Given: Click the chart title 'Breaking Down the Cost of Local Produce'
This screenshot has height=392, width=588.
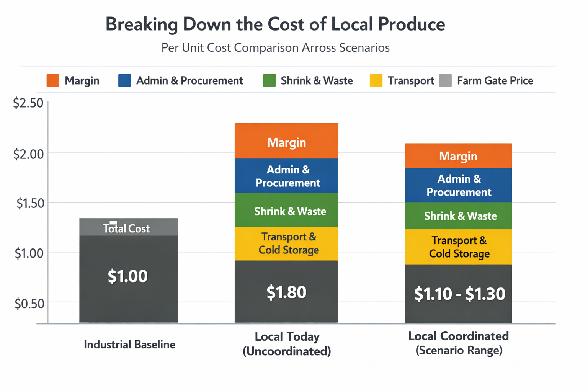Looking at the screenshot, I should (x=275, y=24).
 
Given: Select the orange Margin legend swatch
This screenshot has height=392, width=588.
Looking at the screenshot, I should (x=53, y=81).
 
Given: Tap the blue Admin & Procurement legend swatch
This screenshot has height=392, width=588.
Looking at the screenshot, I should (x=125, y=81).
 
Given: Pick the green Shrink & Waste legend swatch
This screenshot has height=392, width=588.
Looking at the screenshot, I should (x=269, y=81).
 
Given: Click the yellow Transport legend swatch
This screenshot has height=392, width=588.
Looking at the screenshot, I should (x=376, y=81).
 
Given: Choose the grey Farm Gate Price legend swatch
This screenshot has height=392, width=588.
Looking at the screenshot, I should (x=445, y=81).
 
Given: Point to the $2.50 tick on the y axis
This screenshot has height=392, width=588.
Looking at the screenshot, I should (x=28, y=103).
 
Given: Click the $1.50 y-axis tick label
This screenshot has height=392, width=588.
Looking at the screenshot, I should (x=30, y=203).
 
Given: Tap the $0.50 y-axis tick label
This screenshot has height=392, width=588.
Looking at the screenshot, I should (x=29, y=304).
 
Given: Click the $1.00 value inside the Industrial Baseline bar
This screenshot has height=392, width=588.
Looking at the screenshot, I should (x=127, y=276).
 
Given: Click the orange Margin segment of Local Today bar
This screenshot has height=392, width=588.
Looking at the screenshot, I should (x=286, y=142).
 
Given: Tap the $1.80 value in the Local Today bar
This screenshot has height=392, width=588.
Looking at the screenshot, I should (x=286, y=292).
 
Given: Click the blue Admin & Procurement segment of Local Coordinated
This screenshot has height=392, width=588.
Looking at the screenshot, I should (x=459, y=185).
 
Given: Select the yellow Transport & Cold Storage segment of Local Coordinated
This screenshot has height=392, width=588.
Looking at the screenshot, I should (x=459, y=247).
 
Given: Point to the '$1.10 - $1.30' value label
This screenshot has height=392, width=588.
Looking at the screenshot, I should (x=459, y=294).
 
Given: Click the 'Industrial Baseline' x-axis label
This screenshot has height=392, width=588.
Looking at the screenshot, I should (x=129, y=345).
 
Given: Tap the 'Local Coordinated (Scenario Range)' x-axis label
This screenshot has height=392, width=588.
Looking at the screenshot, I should (x=459, y=343).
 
